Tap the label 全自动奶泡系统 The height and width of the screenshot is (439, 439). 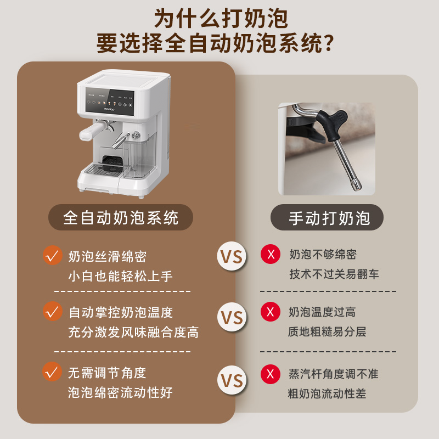click(x=121, y=218)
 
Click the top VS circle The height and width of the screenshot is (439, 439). click(x=232, y=256)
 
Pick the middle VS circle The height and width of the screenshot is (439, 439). click(x=232, y=318)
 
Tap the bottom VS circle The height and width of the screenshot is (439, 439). click(x=232, y=380)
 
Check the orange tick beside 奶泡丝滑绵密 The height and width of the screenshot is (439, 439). click(x=53, y=255)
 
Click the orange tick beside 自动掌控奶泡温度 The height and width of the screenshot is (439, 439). click(x=53, y=311)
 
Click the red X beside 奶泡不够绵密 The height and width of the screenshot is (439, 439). click(x=270, y=254)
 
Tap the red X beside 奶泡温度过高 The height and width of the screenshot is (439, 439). click(x=270, y=312)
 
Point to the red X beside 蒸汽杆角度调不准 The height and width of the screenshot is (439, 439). click(x=270, y=374)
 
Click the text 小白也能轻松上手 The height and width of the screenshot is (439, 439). click(x=121, y=276)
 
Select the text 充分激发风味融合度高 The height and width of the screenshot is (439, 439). click(x=133, y=332)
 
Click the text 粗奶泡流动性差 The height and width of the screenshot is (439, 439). click(x=327, y=393)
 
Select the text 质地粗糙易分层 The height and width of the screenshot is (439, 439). click(x=327, y=332)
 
